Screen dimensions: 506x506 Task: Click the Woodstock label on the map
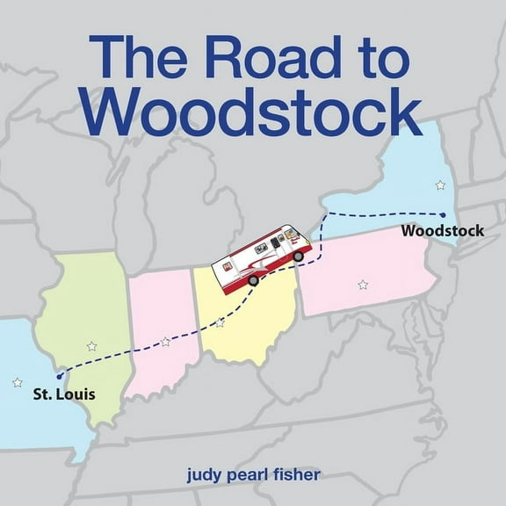click(x=443, y=231)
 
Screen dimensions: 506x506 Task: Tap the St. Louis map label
click(x=64, y=394)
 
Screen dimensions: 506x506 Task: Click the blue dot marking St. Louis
click(x=60, y=376)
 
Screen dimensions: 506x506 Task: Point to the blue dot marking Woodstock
click(x=444, y=214)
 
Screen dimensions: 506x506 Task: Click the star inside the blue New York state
click(x=440, y=184)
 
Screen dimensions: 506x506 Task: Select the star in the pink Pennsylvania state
click(x=363, y=284)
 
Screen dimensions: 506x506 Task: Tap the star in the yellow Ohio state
click(x=220, y=322)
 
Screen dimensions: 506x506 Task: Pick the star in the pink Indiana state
click(x=165, y=341)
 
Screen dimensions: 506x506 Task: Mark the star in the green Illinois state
click(x=92, y=345)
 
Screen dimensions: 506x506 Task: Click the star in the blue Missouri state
click(x=18, y=382)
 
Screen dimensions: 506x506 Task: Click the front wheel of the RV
click(x=298, y=256)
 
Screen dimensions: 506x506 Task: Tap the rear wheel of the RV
click(x=253, y=280)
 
